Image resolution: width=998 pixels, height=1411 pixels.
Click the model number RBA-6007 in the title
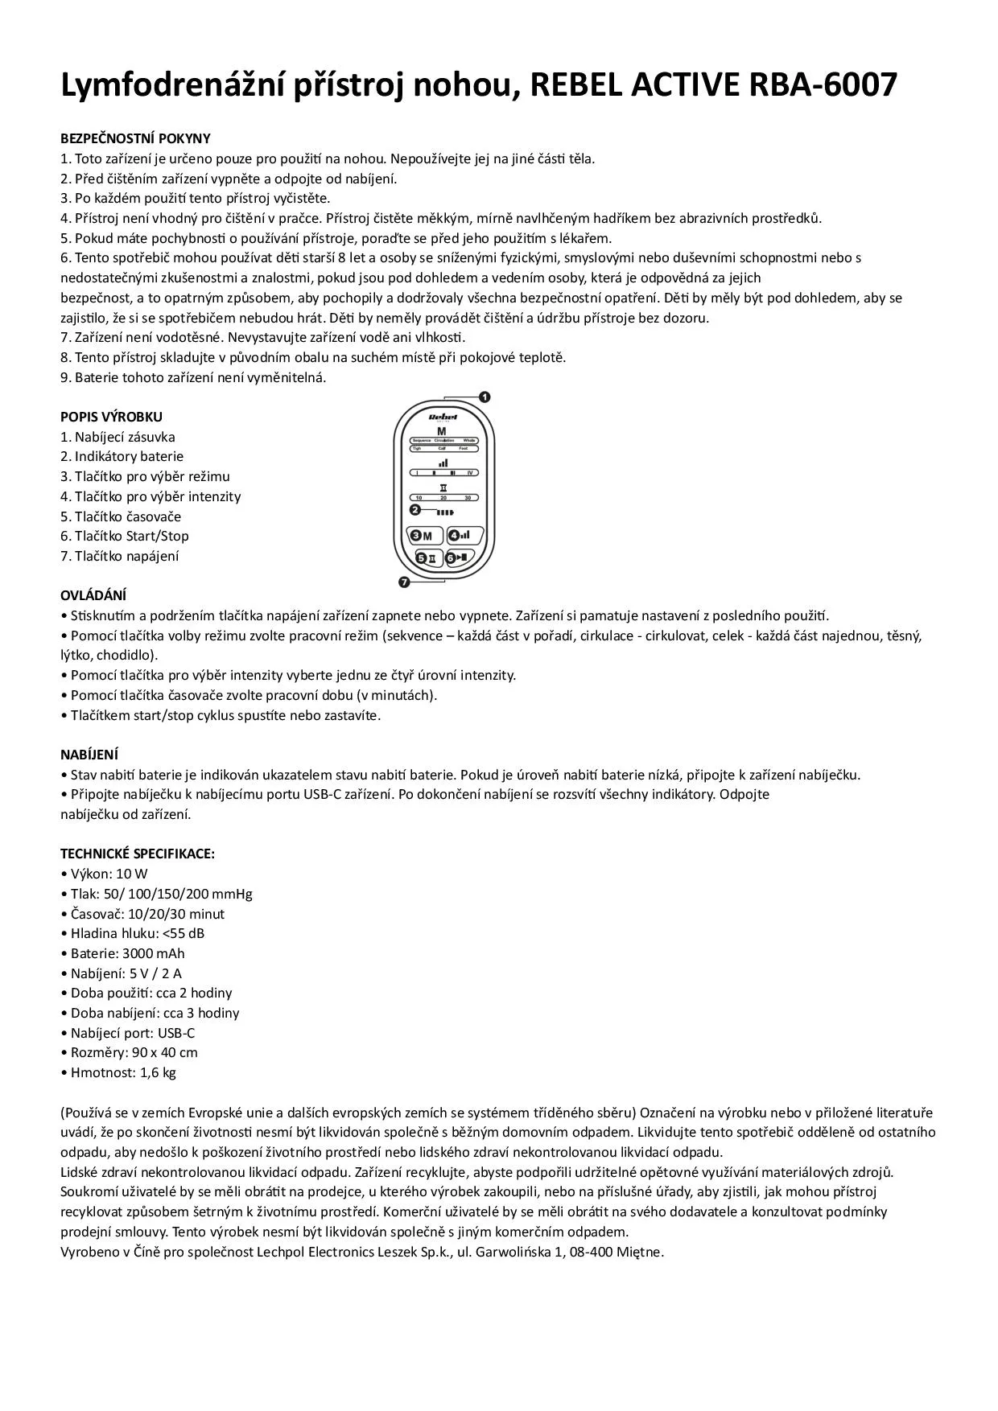tap(823, 84)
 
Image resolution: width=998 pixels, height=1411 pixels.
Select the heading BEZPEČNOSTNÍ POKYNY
tap(135, 138)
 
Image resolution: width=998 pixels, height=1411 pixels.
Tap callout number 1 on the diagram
tap(485, 397)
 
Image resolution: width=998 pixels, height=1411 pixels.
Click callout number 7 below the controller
tap(404, 581)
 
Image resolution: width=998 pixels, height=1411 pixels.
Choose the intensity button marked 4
tap(464, 535)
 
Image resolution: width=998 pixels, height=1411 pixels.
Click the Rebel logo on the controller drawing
tap(443, 417)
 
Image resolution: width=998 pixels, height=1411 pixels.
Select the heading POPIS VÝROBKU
tap(111, 417)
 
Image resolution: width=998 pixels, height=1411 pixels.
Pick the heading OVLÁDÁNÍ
tap(93, 595)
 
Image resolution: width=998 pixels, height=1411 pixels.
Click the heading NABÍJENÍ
tap(89, 755)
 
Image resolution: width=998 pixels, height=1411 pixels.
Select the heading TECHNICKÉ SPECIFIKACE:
tap(138, 854)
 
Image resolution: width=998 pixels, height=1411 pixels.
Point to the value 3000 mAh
tap(153, 953)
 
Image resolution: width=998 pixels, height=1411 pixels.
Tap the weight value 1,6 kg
tap(158, 1072)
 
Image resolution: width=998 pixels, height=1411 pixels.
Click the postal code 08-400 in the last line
tap(592, 1252)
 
